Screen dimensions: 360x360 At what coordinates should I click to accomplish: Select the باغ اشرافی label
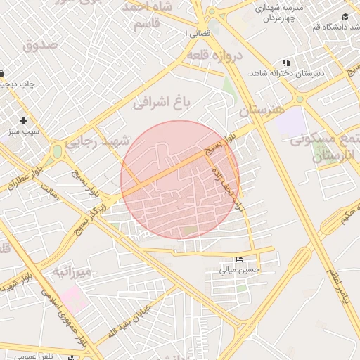coord(162,102)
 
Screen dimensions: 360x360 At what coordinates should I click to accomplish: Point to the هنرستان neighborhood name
coord(259,110)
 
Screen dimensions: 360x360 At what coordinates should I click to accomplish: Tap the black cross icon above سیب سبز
coord(24,120)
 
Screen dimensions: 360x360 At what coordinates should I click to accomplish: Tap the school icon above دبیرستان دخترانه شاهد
coord(285,63)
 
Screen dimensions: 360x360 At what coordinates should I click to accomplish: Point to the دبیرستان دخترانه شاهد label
coord(285,73)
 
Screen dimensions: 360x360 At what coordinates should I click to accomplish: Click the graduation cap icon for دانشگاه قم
coord(345,16)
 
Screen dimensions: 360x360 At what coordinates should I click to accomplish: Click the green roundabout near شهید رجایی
coord(57,150)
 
